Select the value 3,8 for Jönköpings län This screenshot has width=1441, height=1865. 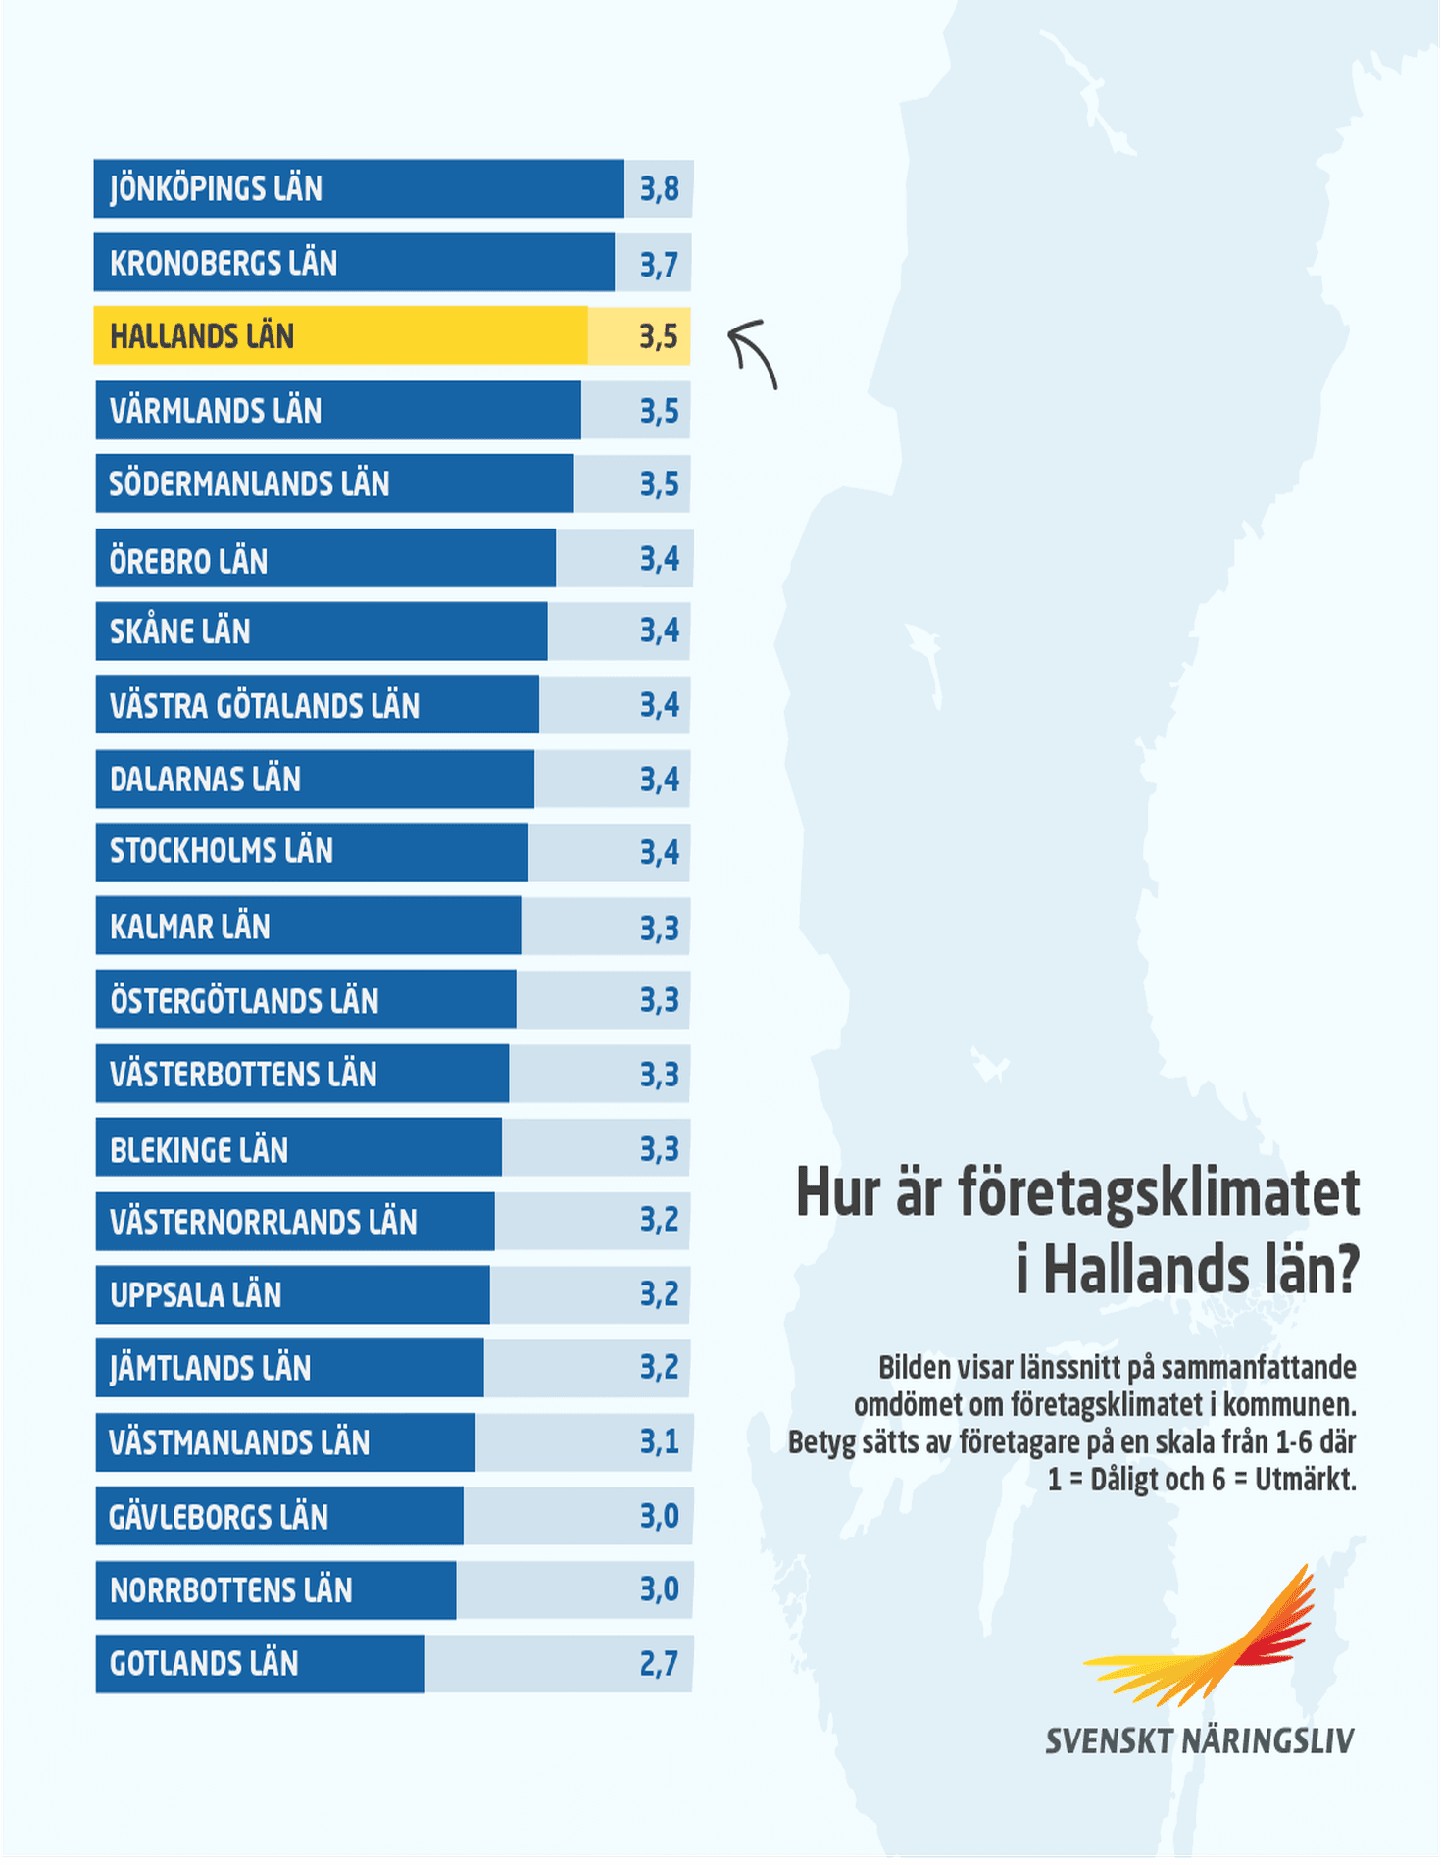pos(659,188)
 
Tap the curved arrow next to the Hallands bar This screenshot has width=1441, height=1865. pos(753,353)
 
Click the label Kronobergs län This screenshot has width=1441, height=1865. pos(224,263)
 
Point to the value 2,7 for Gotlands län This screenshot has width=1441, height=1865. pos(659,1664)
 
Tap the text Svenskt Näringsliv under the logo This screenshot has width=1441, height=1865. pos(1199,1741)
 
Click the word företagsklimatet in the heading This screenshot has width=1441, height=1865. pos(1159,1192)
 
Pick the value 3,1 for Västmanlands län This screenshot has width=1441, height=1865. pos(659,1441)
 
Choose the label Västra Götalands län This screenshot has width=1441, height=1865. pos(265,705)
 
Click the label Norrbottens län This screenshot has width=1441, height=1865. pos(231,1589)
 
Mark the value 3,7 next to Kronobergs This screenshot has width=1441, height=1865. pos(659,263)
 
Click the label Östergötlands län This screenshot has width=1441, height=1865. pos(244,1000)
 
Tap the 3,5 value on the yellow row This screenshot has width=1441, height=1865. pos(659,336)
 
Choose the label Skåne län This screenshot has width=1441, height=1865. pos(180,631)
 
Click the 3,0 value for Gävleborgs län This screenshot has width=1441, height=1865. pos(659,1516)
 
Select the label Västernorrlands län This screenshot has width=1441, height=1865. pos(264,1222)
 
